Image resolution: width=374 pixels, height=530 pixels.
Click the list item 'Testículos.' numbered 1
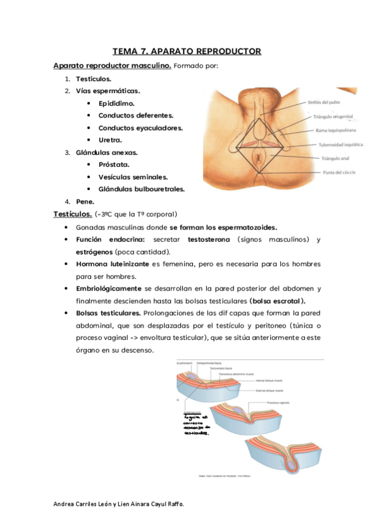point(94,79)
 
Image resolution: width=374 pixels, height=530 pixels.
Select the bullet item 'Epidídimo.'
point(116,103)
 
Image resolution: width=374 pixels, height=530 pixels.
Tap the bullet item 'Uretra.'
point(111,139)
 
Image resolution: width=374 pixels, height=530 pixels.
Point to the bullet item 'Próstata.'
point(114,164)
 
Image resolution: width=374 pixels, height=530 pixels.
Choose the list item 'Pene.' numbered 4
point(85,201)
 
